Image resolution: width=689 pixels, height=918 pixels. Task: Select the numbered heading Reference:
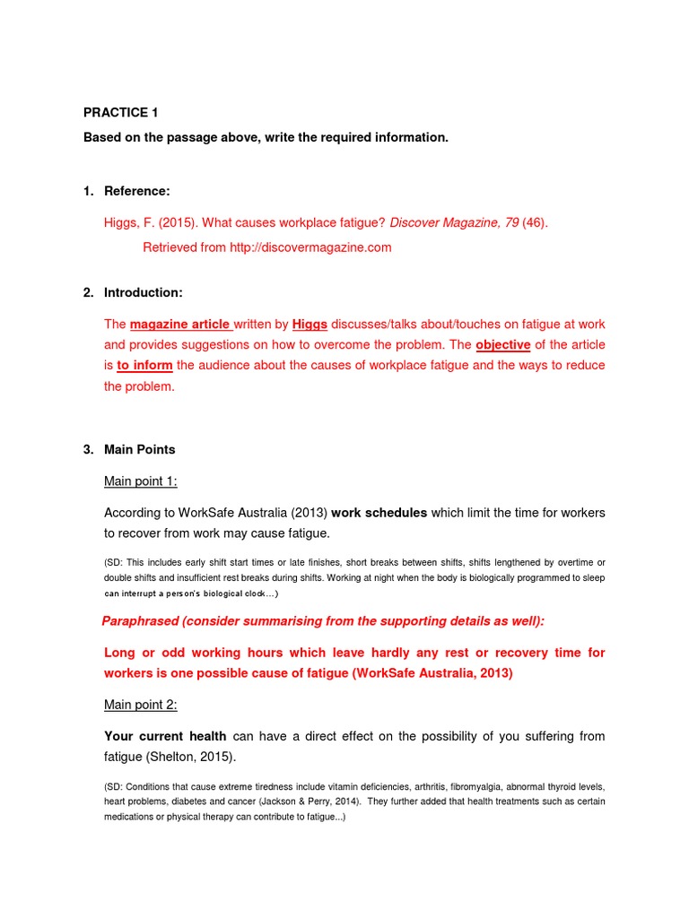click(x=136, y=191)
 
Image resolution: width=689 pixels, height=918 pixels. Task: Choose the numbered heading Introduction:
click(x=144, y=292)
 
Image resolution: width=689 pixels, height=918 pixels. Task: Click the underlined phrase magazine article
click(x=180, y=324)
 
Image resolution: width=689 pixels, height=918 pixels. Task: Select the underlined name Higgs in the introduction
click(x=310, y=324)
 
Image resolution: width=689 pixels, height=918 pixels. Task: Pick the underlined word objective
click(x=502, y=344)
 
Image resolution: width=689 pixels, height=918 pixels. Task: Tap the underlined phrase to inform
click(x=144, y=365)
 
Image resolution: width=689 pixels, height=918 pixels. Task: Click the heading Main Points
click(x=139, y=449)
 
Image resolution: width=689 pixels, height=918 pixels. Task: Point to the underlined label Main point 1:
click(x=140, y=481)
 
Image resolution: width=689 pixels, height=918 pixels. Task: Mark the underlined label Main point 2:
click(x=140, y=705)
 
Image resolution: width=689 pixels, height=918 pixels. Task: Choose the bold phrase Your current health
click(x=165, y=736)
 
